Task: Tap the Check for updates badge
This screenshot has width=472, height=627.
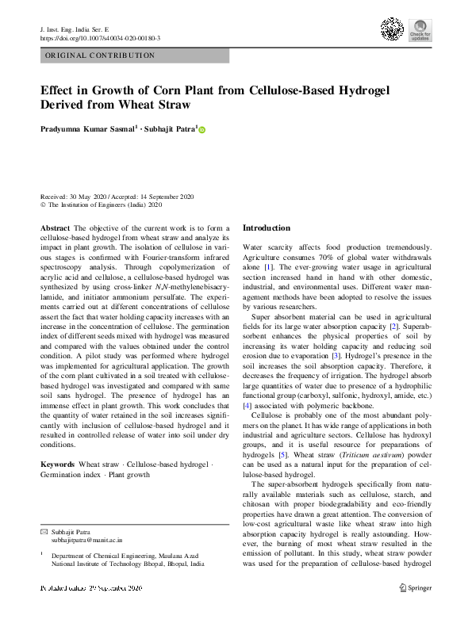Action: (x=420, y=31)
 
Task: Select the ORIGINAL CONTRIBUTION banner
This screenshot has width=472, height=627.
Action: (x=134, y=55)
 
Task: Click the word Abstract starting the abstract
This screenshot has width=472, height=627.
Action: (x=55, y=227)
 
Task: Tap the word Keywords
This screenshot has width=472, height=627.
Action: (x=57, y=463)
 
